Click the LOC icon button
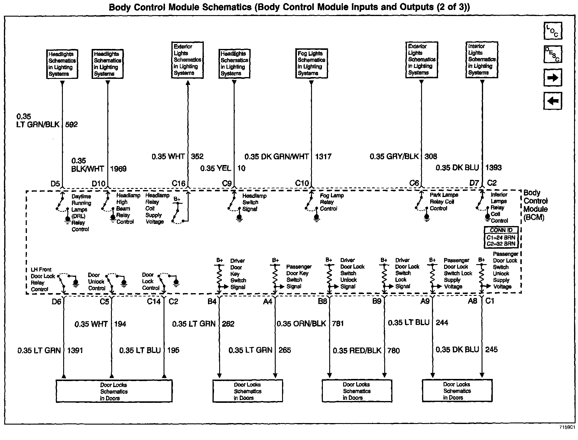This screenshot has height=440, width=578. pyautogui.click(x=553, y=31)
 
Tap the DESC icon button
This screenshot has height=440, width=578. pyautogui.click(x=553, y=54)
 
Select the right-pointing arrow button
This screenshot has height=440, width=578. pyautogui.click(x=553, y=78)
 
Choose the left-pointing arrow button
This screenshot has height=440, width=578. pyautogui.click(x=553, y=101)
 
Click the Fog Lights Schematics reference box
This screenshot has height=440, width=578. pyautogui.click(x=311, y=63)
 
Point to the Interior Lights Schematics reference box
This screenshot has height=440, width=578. pyautogui.click(x=482, y=60)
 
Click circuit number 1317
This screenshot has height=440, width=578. pyautogui.click(x=323, y=157)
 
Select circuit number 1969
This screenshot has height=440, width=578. pyautogui.click(x=118, y=169)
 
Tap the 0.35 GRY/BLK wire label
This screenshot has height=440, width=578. pyautogui.click(x=394, y=157)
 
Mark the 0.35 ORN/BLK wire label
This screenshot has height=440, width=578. pyautogui.click(x=301, y=324)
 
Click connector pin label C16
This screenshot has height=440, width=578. pyautogui.click(x=178, y=183)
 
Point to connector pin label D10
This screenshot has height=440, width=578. pyautogui.click(x=99, y=183)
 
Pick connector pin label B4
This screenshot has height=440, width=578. pyautogui.click(x=212, y=301)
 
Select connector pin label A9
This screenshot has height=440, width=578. pyautogui.click(x=425, y=301)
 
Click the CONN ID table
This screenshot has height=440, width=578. pyautogui.click(x=501, y=237)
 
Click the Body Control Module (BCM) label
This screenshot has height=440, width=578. pyautogui.click(x=535, y=205)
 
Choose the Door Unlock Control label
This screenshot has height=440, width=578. pyautogui.click(x=97, y=282)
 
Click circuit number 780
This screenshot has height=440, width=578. pyautogui.click(x=393, y=351)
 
